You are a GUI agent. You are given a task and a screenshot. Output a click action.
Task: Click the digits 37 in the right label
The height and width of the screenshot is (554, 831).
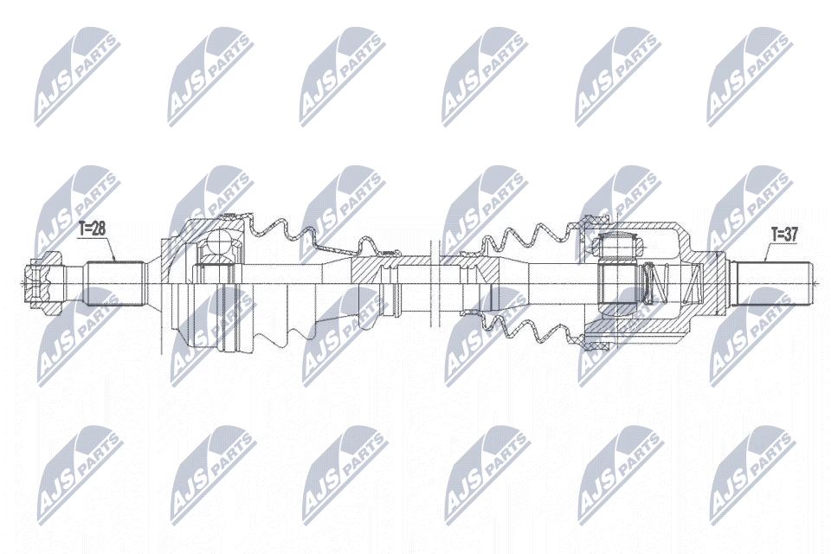point(795,233)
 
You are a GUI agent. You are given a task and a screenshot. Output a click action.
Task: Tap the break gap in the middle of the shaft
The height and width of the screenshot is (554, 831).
point(435,280)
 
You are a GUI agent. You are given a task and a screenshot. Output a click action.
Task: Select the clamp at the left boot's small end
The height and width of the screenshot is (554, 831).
point(387,282)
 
